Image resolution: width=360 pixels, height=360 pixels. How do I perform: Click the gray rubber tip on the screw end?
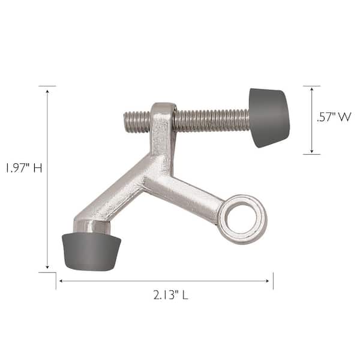268,118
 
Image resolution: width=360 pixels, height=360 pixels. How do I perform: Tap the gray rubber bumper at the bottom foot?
91,251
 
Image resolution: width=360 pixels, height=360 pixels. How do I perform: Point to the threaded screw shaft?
210,119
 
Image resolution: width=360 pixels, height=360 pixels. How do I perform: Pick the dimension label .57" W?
333,118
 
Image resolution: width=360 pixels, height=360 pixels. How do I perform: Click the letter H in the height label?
37,168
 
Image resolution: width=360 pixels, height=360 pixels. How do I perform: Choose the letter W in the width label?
343,118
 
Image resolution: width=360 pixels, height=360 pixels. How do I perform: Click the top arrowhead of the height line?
47,88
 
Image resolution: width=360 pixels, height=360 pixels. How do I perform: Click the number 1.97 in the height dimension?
15,168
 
